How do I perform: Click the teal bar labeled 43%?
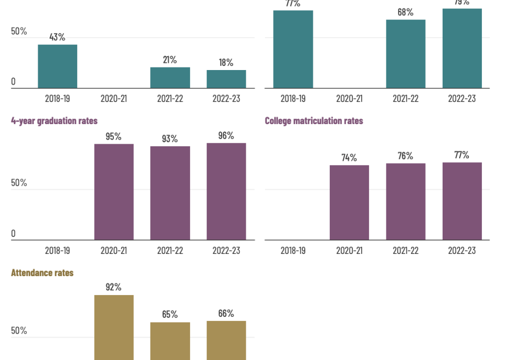point(57,66)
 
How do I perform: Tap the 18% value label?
point(226,62)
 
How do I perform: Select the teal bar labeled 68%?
point(406,54)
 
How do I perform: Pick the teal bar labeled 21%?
point(170,78)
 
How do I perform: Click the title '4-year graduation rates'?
point(54,121)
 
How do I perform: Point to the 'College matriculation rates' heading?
point(314,121)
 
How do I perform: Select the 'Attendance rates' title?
point(42,273)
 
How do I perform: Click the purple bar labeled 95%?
point(114,192)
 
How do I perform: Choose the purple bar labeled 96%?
point(226,192)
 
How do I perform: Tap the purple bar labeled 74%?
point(349,202)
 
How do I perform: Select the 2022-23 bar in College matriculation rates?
point(462,201)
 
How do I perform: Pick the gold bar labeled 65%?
point(170,341)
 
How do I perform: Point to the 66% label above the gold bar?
point(226,313)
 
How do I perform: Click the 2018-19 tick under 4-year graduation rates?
point(57,251)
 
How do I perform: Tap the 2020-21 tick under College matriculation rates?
point(349,251)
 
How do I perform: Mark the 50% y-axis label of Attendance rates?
point(19,331)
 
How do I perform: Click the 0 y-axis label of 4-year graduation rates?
point(13,234)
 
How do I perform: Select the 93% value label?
point(170,139)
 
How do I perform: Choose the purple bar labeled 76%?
point(406,201)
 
